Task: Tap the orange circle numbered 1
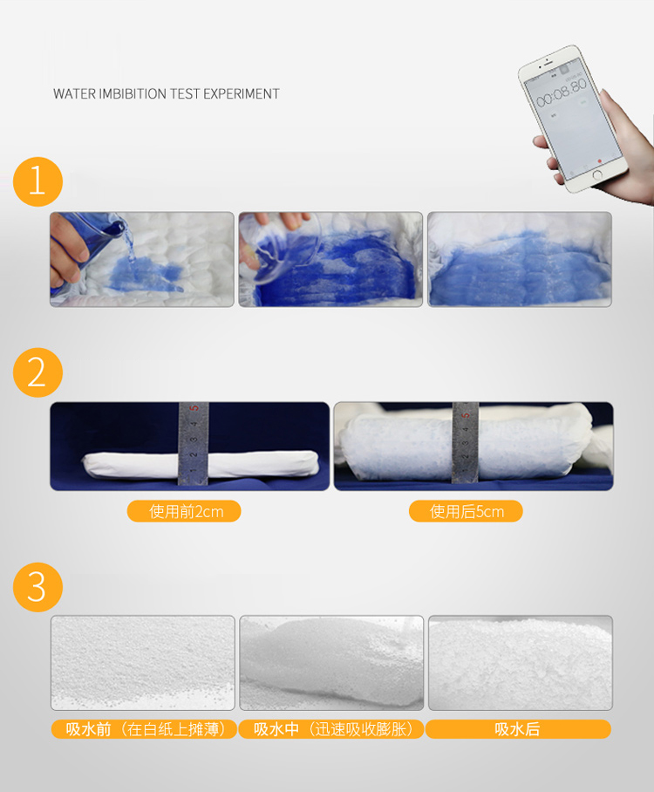[37, 181]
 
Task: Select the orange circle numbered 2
[37, 372]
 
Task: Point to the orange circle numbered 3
[37, 587]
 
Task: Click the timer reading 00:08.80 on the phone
[561, 92]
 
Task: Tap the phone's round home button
[597, 175]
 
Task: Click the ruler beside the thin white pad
[193, 443]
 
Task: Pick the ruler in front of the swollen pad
[465, 442]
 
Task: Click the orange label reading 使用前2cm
[184, 511]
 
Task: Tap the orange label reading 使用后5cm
[466, 511]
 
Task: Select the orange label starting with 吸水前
[144, 729]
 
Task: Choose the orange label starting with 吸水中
[330, 729]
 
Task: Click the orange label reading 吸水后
[518, 729]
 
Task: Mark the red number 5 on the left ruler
[194, 408]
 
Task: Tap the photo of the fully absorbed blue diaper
[520, 259]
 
